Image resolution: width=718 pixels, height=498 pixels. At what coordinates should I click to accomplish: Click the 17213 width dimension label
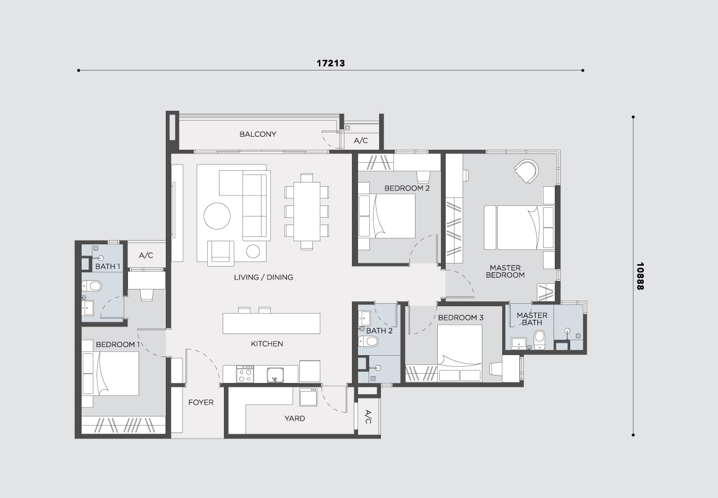(x=331, y=63)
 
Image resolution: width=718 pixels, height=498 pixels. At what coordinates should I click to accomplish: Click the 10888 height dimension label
(x=640, y=276)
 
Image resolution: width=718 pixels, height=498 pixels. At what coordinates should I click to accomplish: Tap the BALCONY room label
(x=258, y=134)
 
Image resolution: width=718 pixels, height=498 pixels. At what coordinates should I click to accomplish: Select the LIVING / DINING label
(x=263, y=277)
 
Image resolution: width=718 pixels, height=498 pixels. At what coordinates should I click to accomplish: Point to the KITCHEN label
(x=267, y=343)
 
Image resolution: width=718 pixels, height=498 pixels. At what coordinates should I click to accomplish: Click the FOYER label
(x=201, y=402)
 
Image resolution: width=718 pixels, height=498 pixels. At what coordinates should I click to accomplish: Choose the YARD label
(x=294, y=418)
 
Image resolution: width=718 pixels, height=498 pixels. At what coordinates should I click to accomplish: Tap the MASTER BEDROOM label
(x=505, y=271)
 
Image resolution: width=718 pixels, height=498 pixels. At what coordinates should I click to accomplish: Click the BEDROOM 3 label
(x=461, y=317)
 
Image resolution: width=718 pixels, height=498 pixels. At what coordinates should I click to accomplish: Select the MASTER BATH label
(x=532, y=319)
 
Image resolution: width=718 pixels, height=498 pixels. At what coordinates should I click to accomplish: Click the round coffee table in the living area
(x=217, y=216)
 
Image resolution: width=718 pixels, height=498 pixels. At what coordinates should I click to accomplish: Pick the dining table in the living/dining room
(x=307, y=211)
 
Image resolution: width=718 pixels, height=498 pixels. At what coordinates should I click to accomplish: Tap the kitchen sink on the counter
(x=275, y=374)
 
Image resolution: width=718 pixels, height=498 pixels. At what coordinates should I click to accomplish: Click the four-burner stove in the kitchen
(x=245, y=374)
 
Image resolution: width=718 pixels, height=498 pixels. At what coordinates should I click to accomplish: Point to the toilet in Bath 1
(x=92, y=286)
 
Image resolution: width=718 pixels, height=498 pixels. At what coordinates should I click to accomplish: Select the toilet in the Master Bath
(x=539, y=340)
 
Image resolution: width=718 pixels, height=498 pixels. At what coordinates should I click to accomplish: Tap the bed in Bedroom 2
(x=387, y=216)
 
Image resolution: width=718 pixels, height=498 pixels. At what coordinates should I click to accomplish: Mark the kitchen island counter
(x=271, y=324)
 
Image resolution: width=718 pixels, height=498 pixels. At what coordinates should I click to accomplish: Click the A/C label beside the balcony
(x=361, y=140)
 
